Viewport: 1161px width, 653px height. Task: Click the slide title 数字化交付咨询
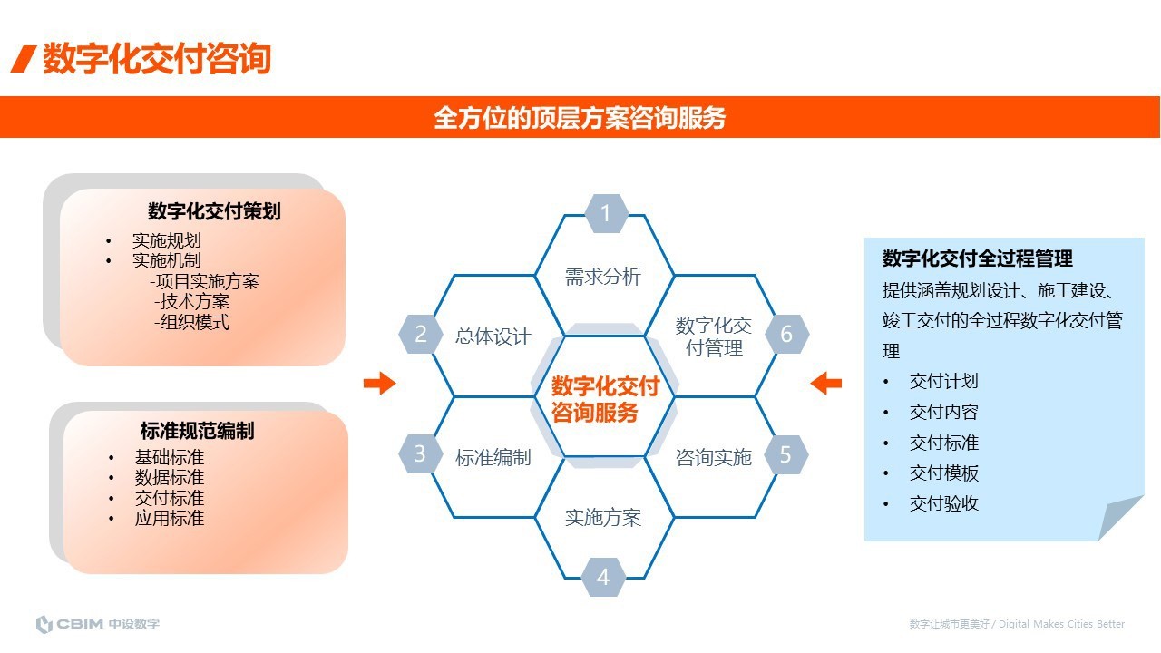point(156,59)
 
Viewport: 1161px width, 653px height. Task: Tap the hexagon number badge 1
point(605,214)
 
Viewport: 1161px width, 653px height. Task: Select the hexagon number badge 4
point(603,577)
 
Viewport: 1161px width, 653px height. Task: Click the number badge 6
point(785,334)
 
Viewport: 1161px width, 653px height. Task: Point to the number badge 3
point(420,453)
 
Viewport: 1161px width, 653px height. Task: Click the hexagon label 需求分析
point(603,277)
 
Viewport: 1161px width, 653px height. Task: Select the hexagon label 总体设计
point(493,336)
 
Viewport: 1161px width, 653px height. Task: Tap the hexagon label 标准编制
point(493,457)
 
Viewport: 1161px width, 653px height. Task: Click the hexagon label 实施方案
point(603,517)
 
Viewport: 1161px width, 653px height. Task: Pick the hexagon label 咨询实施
point(714,457)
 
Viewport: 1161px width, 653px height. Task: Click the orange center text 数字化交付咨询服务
point(605,399)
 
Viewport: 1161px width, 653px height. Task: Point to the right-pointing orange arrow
point(379,384)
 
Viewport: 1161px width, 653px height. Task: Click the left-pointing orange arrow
point(825,384)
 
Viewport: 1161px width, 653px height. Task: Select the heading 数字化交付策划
point(214,211)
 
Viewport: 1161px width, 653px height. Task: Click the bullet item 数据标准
point(170,477)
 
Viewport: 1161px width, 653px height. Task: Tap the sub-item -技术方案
point(191,301)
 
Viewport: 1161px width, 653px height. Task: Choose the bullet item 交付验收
point(944,503)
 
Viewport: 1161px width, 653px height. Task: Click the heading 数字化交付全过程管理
point(978,258)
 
